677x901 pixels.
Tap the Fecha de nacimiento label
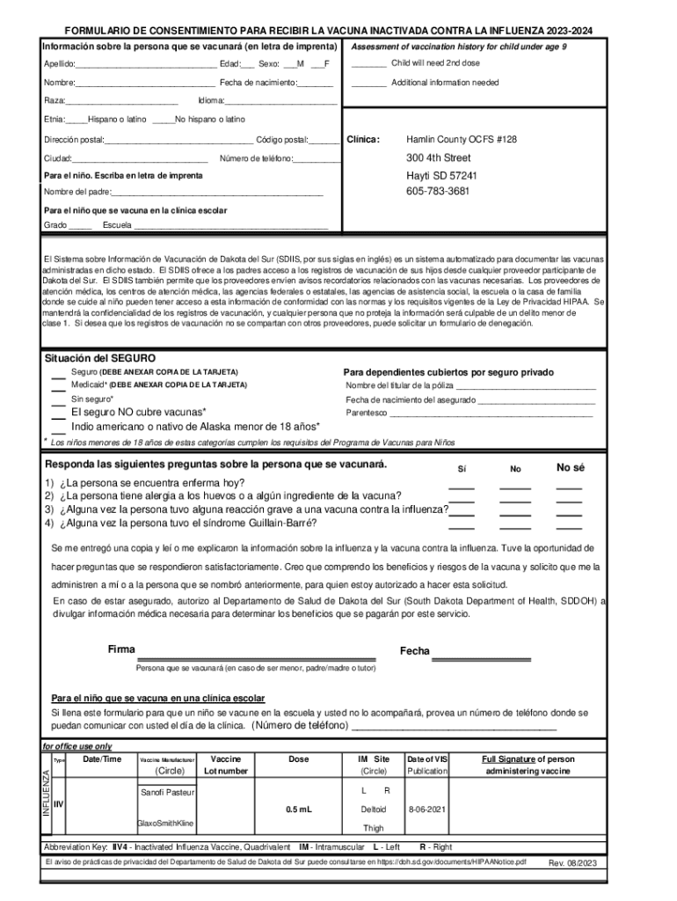[258, 83]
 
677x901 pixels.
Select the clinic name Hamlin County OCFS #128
[462, 140]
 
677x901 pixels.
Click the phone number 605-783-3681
[437, 191]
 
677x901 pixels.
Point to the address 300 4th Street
[438, 158]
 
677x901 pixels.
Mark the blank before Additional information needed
[368, 84]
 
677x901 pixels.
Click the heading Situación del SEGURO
[100, 358]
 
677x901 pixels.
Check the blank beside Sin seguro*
[58, 401]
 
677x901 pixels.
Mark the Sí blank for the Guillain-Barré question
[462, 525]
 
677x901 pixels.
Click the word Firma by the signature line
[121, 649]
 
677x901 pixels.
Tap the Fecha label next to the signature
[415, 651]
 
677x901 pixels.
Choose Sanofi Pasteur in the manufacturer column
[166, 793]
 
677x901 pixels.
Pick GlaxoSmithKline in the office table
[166, 824]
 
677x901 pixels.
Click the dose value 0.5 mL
[299, 808]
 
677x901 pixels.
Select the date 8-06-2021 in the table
[427, 808]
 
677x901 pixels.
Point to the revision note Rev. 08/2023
[572, 863]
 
